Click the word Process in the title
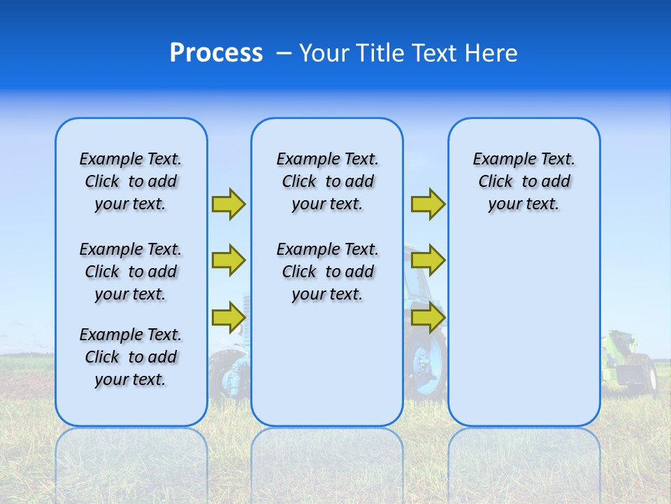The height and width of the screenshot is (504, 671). [216, 53]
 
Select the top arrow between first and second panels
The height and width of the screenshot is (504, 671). [228, 204]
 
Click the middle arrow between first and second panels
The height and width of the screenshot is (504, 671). [228, 260]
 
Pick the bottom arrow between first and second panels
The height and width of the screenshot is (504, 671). [228, 317]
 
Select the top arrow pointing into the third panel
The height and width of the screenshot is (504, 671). [428, 204]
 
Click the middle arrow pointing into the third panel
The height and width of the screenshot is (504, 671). [428, 260]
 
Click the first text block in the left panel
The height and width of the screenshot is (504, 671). [131, 181]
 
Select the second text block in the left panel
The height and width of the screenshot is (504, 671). [131, 272]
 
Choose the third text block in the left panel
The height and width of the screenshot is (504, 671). [131, 357]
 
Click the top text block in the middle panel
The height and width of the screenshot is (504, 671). [327, 181]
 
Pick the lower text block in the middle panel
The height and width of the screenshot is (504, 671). [327, 272]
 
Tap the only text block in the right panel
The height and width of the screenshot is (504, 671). [524, 181]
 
